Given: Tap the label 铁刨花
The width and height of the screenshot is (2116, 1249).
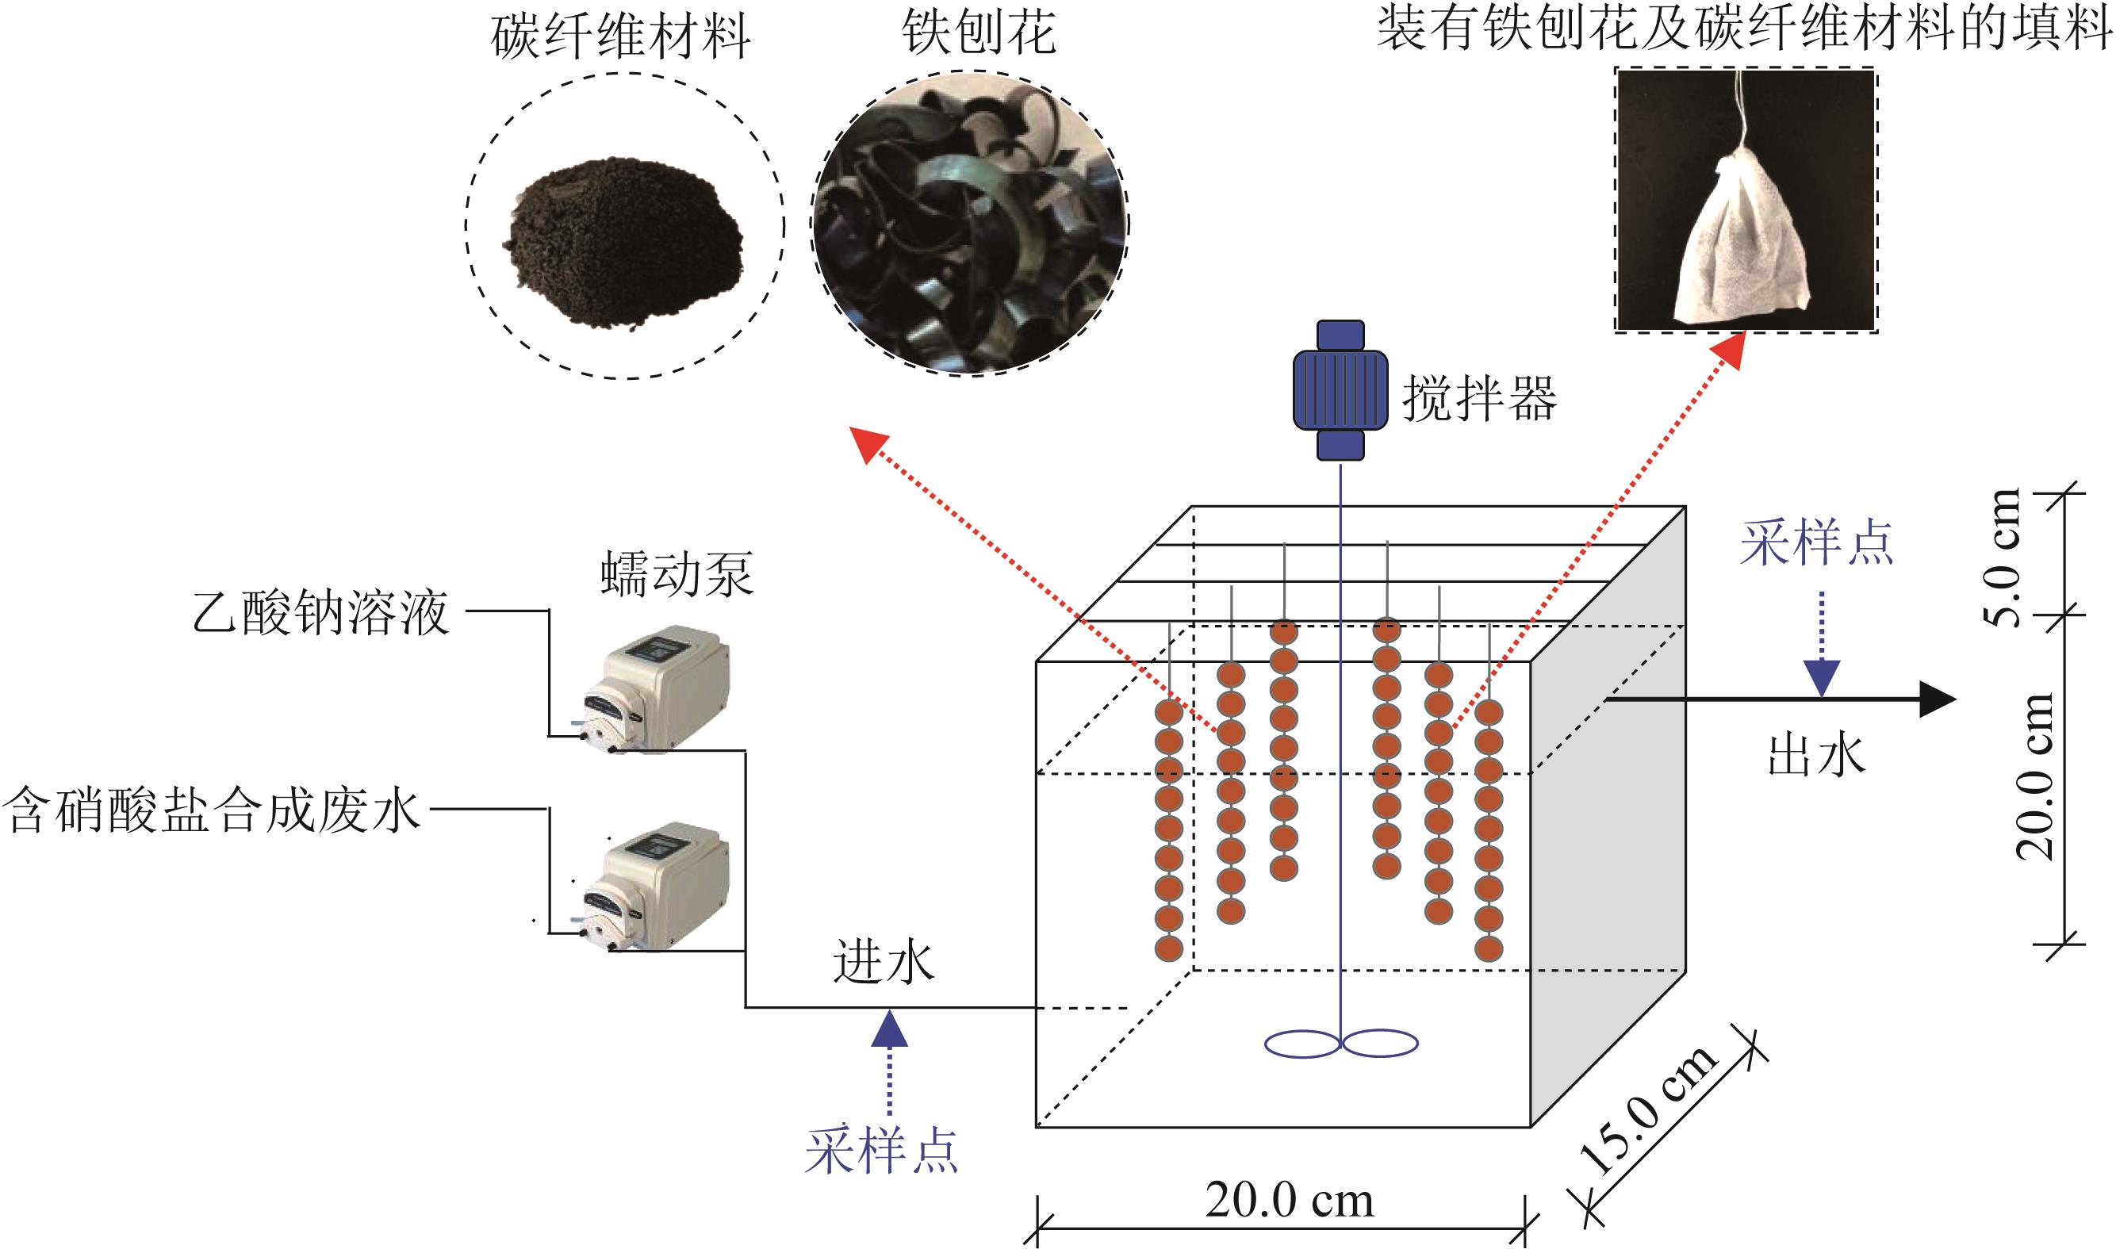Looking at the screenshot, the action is [x=979, y=33].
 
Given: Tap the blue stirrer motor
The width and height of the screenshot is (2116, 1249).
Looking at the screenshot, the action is [x=1341, y=389].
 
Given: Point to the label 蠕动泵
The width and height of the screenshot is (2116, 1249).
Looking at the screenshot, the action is [x=677, y=574].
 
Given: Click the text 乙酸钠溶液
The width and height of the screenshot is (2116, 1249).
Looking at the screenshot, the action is [x=320, y=612].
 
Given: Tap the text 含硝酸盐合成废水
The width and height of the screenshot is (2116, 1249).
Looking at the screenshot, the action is [x=212, y=810].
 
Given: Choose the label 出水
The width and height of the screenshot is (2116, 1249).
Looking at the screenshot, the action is [x=1815, y=754].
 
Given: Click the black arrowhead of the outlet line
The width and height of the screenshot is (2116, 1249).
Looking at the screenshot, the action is [x=1937, y=699].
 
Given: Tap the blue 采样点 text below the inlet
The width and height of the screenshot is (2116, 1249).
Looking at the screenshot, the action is [x=881, y=1151].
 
